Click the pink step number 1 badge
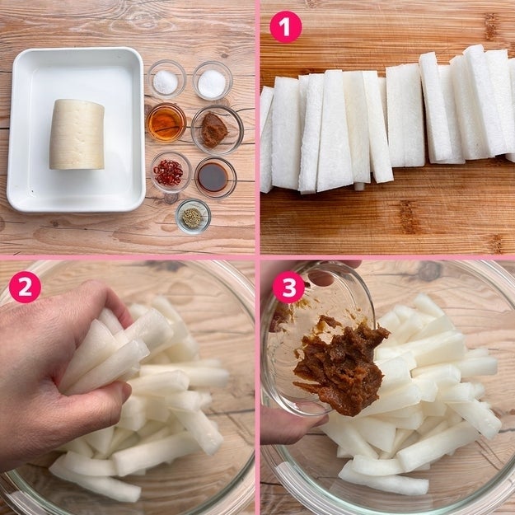(285, 27)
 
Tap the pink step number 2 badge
(25, 287)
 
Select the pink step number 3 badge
(288, 287)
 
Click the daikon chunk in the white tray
(77, 134)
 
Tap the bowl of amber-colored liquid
(166, 123)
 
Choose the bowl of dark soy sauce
(215, 178)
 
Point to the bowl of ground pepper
(193, 217)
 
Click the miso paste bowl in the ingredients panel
(217, 130)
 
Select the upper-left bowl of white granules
(166, 79)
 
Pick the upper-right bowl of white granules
(213, 80)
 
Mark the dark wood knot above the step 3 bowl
(429, 271)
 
